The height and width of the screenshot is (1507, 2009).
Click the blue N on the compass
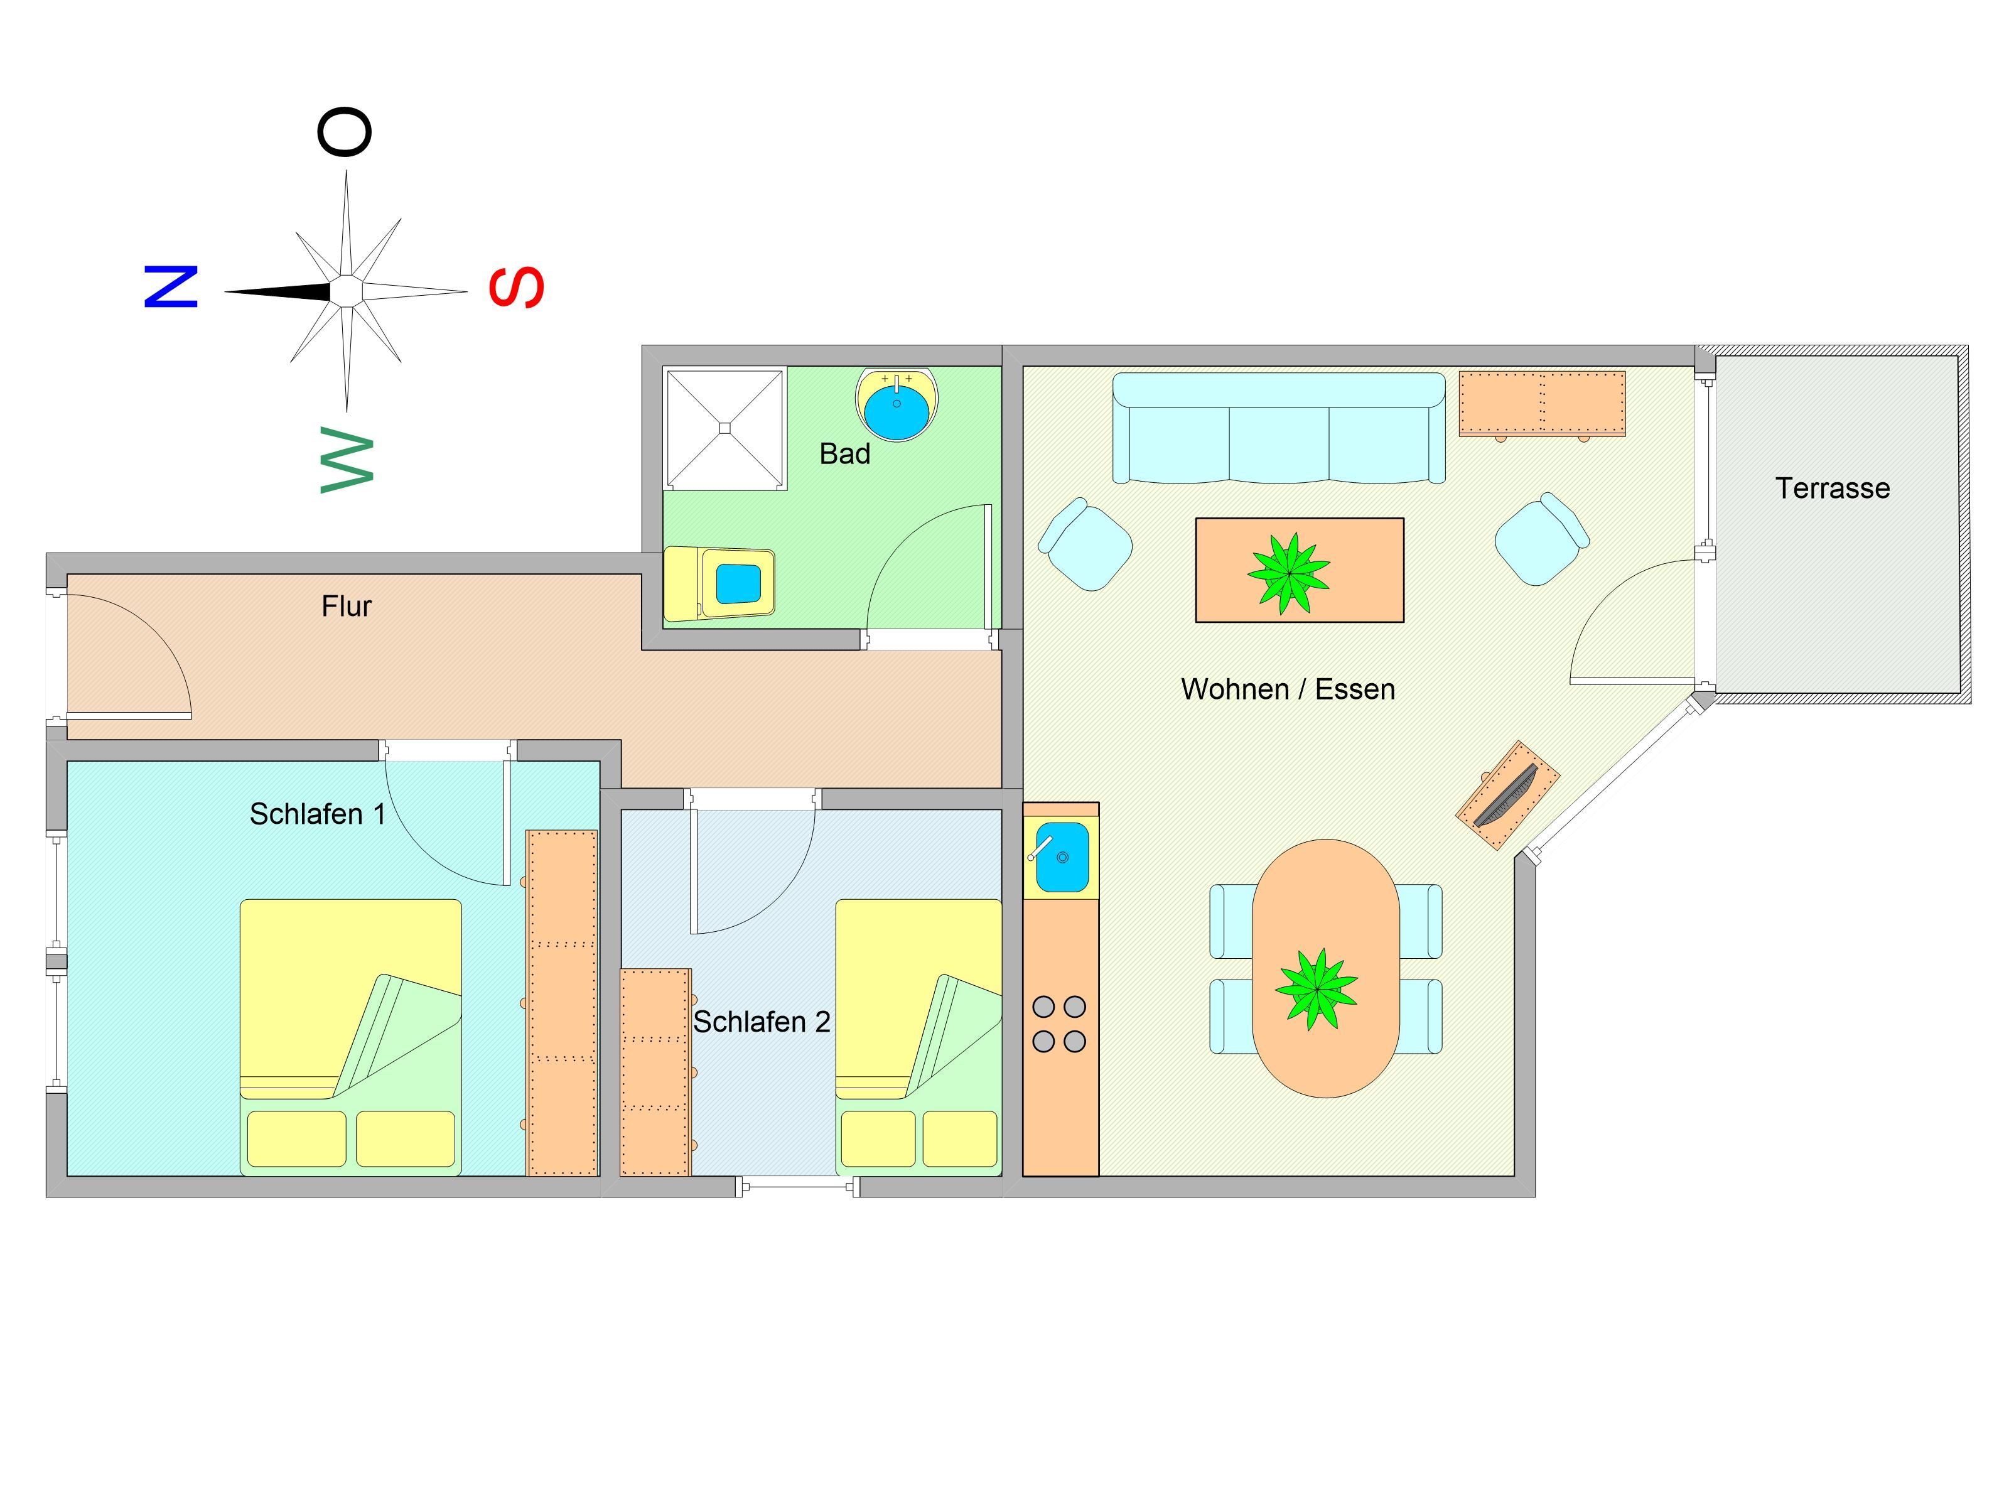pos(171,287)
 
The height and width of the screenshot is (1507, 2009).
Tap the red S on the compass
pos(516,287)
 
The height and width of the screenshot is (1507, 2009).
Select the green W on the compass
pos(347,460)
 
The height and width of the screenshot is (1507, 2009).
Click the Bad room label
pos(844,454)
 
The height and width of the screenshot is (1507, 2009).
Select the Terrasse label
pos(1832,489)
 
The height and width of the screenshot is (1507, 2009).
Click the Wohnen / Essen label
pos(1287,689)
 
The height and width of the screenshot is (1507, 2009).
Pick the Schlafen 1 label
pos(317,814)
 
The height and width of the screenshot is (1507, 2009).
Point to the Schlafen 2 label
pos(761,1022)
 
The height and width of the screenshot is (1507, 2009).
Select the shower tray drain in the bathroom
pos(724,428)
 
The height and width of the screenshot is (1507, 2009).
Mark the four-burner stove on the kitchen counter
pos(1059,1024)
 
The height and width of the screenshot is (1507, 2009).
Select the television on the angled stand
pos(1507,796)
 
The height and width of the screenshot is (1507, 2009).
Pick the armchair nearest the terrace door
pos(1541,539)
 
